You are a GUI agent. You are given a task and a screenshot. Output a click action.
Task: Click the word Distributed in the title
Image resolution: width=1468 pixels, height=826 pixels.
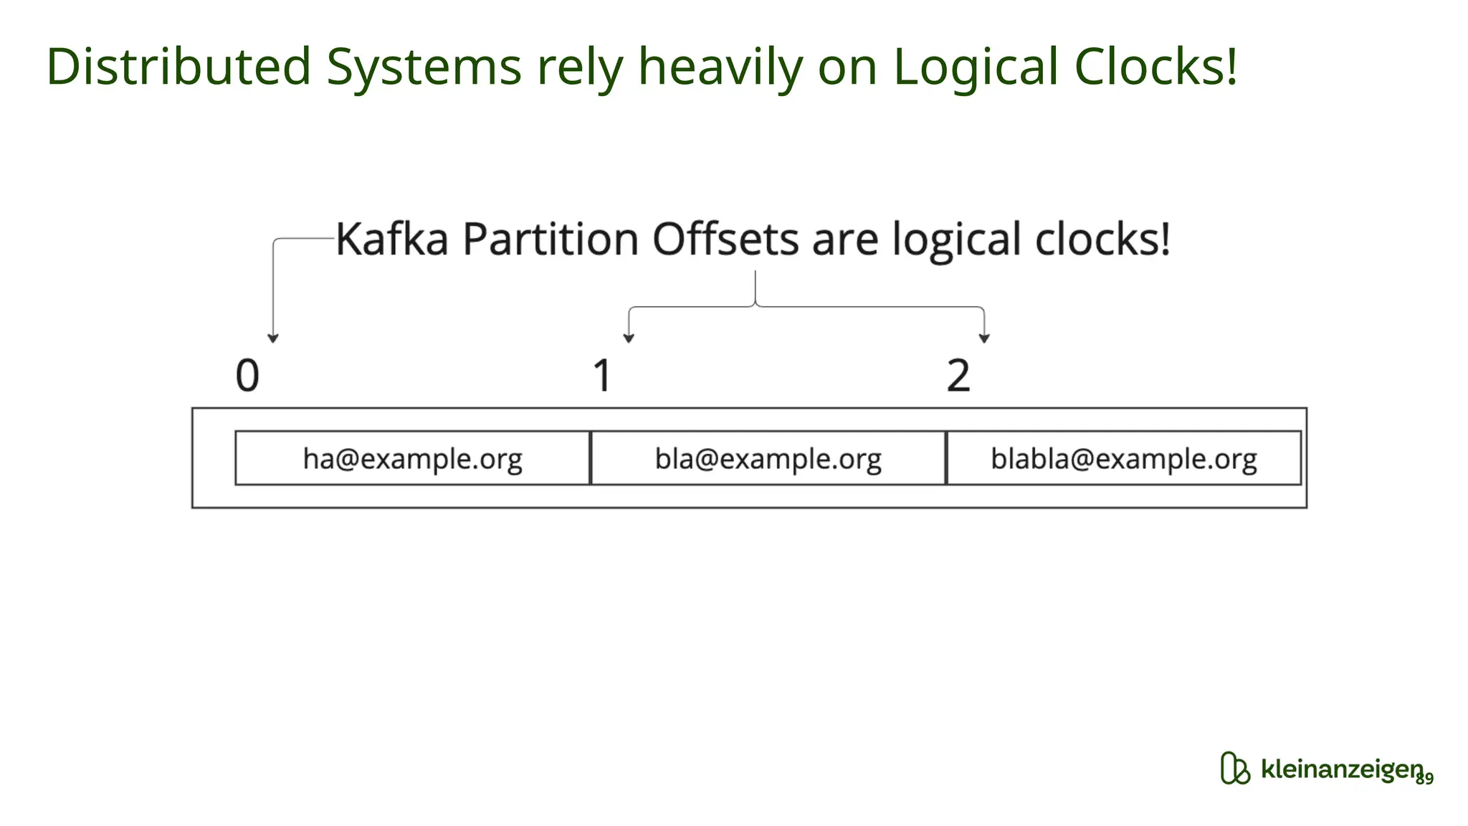point(178,67)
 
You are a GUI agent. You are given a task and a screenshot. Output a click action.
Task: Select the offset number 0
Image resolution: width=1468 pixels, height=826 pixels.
point(247,376)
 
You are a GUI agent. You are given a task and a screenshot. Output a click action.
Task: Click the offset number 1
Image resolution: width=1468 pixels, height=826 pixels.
point(602,376)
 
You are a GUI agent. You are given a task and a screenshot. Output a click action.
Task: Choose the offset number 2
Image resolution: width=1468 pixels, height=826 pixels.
point(958,376)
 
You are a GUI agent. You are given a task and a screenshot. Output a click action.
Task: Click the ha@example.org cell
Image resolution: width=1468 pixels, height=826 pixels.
point(412,458)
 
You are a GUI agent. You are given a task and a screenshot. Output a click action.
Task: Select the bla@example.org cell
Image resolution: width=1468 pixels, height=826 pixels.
point(768,458)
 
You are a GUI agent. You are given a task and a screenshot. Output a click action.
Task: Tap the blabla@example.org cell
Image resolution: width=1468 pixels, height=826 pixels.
point(1123,458)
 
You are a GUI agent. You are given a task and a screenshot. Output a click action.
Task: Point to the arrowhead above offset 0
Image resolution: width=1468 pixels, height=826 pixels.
point(272,338)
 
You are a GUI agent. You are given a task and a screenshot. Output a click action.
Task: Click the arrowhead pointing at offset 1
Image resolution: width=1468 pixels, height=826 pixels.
point(629,338)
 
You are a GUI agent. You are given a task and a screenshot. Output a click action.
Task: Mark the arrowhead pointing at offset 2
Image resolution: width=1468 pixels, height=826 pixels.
point(984,338)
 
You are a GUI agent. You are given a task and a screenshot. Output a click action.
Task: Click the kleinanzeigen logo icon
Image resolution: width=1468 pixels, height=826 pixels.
point(1234,769)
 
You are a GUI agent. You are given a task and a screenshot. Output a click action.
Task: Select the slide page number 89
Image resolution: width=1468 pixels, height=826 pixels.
point(1425,779)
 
